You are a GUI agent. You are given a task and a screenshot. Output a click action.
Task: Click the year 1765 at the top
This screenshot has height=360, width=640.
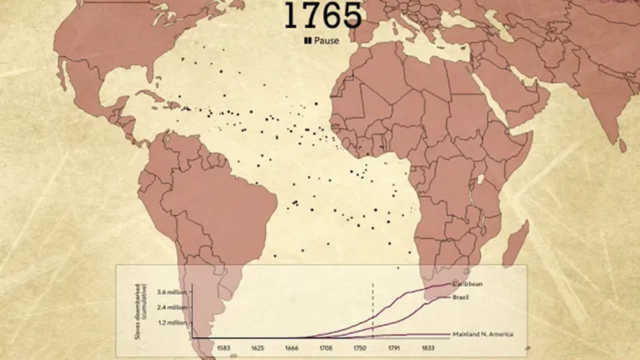[323, 15]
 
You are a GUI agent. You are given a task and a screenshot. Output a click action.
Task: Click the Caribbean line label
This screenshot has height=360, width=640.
[468, 284]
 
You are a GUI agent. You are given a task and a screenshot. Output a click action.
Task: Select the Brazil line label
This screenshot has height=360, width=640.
[460, 298]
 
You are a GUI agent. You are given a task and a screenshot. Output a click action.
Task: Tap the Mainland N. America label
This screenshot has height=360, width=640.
[483, 334]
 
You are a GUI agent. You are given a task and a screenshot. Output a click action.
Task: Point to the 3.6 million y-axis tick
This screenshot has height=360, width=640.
[172, 292]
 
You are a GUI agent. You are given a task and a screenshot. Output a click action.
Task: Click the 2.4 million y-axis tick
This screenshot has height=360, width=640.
[172, 308]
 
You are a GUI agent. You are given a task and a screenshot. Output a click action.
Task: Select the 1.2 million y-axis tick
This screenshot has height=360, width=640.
[172, 323]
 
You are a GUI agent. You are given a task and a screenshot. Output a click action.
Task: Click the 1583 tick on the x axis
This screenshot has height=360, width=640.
[223, 348]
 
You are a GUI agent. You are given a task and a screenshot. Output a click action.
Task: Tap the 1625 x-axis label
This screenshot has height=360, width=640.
[258, 348]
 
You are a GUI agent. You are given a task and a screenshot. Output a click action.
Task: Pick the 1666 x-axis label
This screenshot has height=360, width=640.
[292, 348]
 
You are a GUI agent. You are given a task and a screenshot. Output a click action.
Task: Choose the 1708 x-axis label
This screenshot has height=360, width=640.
[326, 348]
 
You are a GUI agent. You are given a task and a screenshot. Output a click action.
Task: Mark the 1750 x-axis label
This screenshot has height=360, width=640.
[360, 348]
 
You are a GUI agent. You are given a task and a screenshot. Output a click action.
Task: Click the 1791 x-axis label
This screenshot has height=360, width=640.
[394, 348]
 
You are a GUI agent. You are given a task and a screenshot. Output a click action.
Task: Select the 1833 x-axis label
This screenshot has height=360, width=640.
[428, 348]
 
